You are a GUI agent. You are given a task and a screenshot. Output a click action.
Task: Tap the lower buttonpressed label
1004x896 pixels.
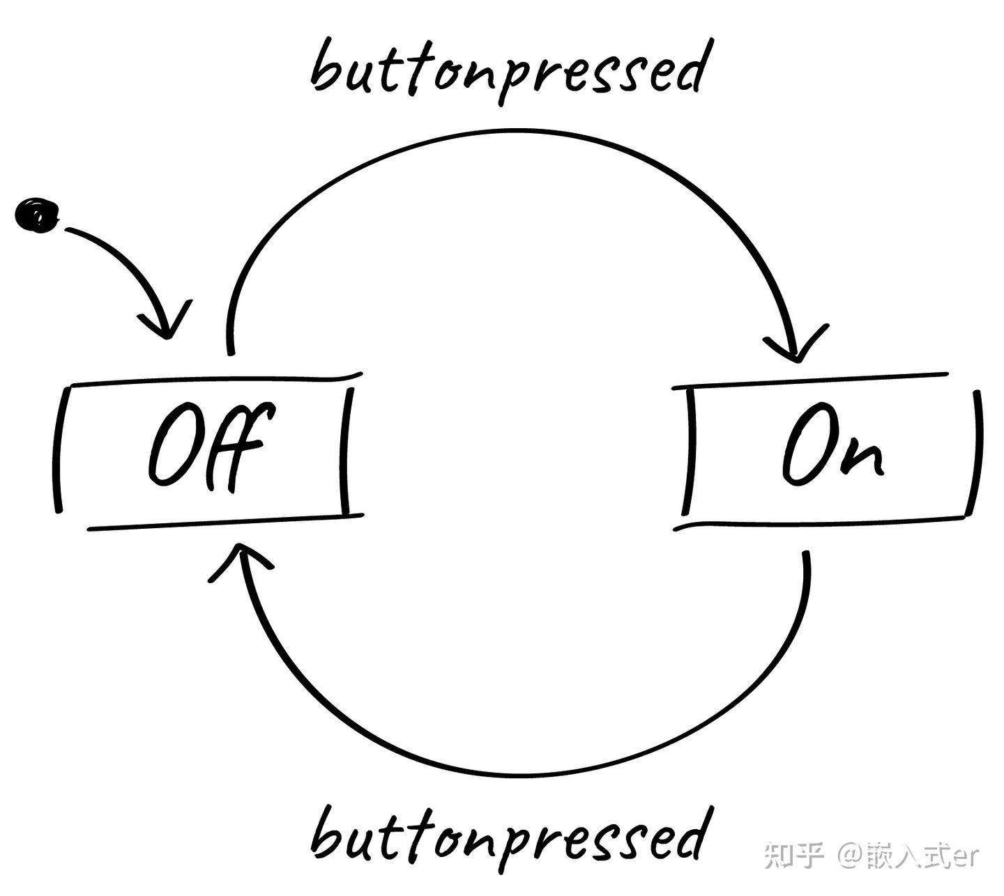point(509,836)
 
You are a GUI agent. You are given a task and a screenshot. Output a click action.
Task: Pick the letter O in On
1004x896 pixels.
point(809,446)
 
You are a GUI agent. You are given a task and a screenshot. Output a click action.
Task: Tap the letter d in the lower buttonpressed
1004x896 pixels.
point(690,833)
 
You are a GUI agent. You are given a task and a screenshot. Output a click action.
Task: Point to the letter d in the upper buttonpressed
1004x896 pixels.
point(690,66)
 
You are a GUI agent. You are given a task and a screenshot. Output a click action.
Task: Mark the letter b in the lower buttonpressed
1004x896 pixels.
point(328,833)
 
